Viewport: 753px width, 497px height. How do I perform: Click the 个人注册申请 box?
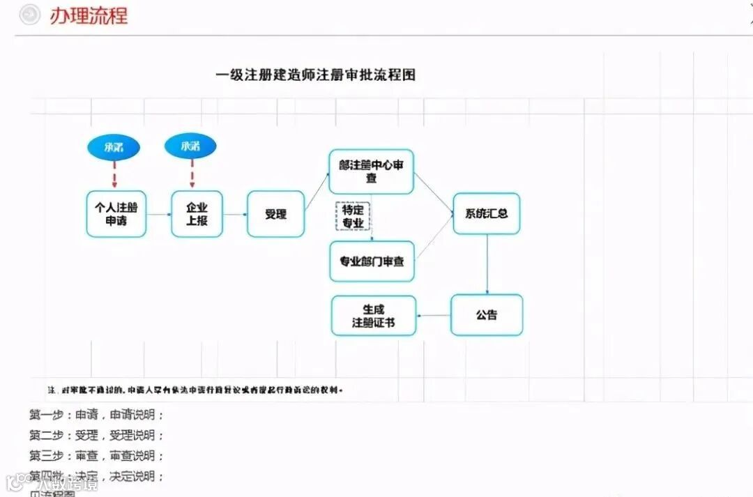116,214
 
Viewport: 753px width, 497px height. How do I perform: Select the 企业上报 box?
197,214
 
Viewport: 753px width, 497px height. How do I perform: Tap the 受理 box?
275,214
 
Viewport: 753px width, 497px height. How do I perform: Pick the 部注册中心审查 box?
371,171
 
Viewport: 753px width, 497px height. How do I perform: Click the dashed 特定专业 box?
353,216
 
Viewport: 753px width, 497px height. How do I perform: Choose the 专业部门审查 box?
372,261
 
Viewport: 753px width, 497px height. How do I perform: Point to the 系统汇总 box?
487,213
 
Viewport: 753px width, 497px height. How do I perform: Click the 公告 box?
487,315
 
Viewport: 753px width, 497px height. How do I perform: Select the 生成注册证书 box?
374,316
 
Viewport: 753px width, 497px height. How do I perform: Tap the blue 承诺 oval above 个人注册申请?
114,147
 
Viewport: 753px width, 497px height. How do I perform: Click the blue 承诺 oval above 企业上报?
190,146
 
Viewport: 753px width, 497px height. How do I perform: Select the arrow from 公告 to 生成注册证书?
434,316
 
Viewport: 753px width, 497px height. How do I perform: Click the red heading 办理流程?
89,15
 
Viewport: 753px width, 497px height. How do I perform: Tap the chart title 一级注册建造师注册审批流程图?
315,75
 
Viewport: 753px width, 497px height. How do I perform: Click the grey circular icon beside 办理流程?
29,15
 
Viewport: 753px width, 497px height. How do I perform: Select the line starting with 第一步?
96,415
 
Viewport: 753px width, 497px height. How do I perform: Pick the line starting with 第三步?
96,456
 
